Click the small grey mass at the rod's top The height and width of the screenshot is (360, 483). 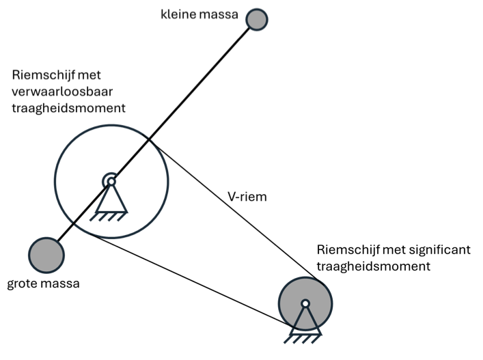coord(257,20)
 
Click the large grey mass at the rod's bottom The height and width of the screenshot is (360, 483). coord(46,255)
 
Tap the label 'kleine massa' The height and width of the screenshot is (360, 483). coord(199,14)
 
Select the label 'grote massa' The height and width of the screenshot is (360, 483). coord(43,283)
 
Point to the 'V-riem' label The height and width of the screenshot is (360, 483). coord(247,197)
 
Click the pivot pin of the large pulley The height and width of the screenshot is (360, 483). coord(111,182)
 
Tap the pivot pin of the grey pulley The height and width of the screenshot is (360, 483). coord(305,304)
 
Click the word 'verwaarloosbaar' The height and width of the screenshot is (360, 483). coord(62,92)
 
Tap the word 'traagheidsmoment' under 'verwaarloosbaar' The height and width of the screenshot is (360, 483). coord(69,108)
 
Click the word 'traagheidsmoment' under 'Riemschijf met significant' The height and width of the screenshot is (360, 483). coord(373,266)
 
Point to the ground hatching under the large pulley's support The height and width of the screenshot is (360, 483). coord(109,217)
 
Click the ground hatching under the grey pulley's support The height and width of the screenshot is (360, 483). coord(303,339)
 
